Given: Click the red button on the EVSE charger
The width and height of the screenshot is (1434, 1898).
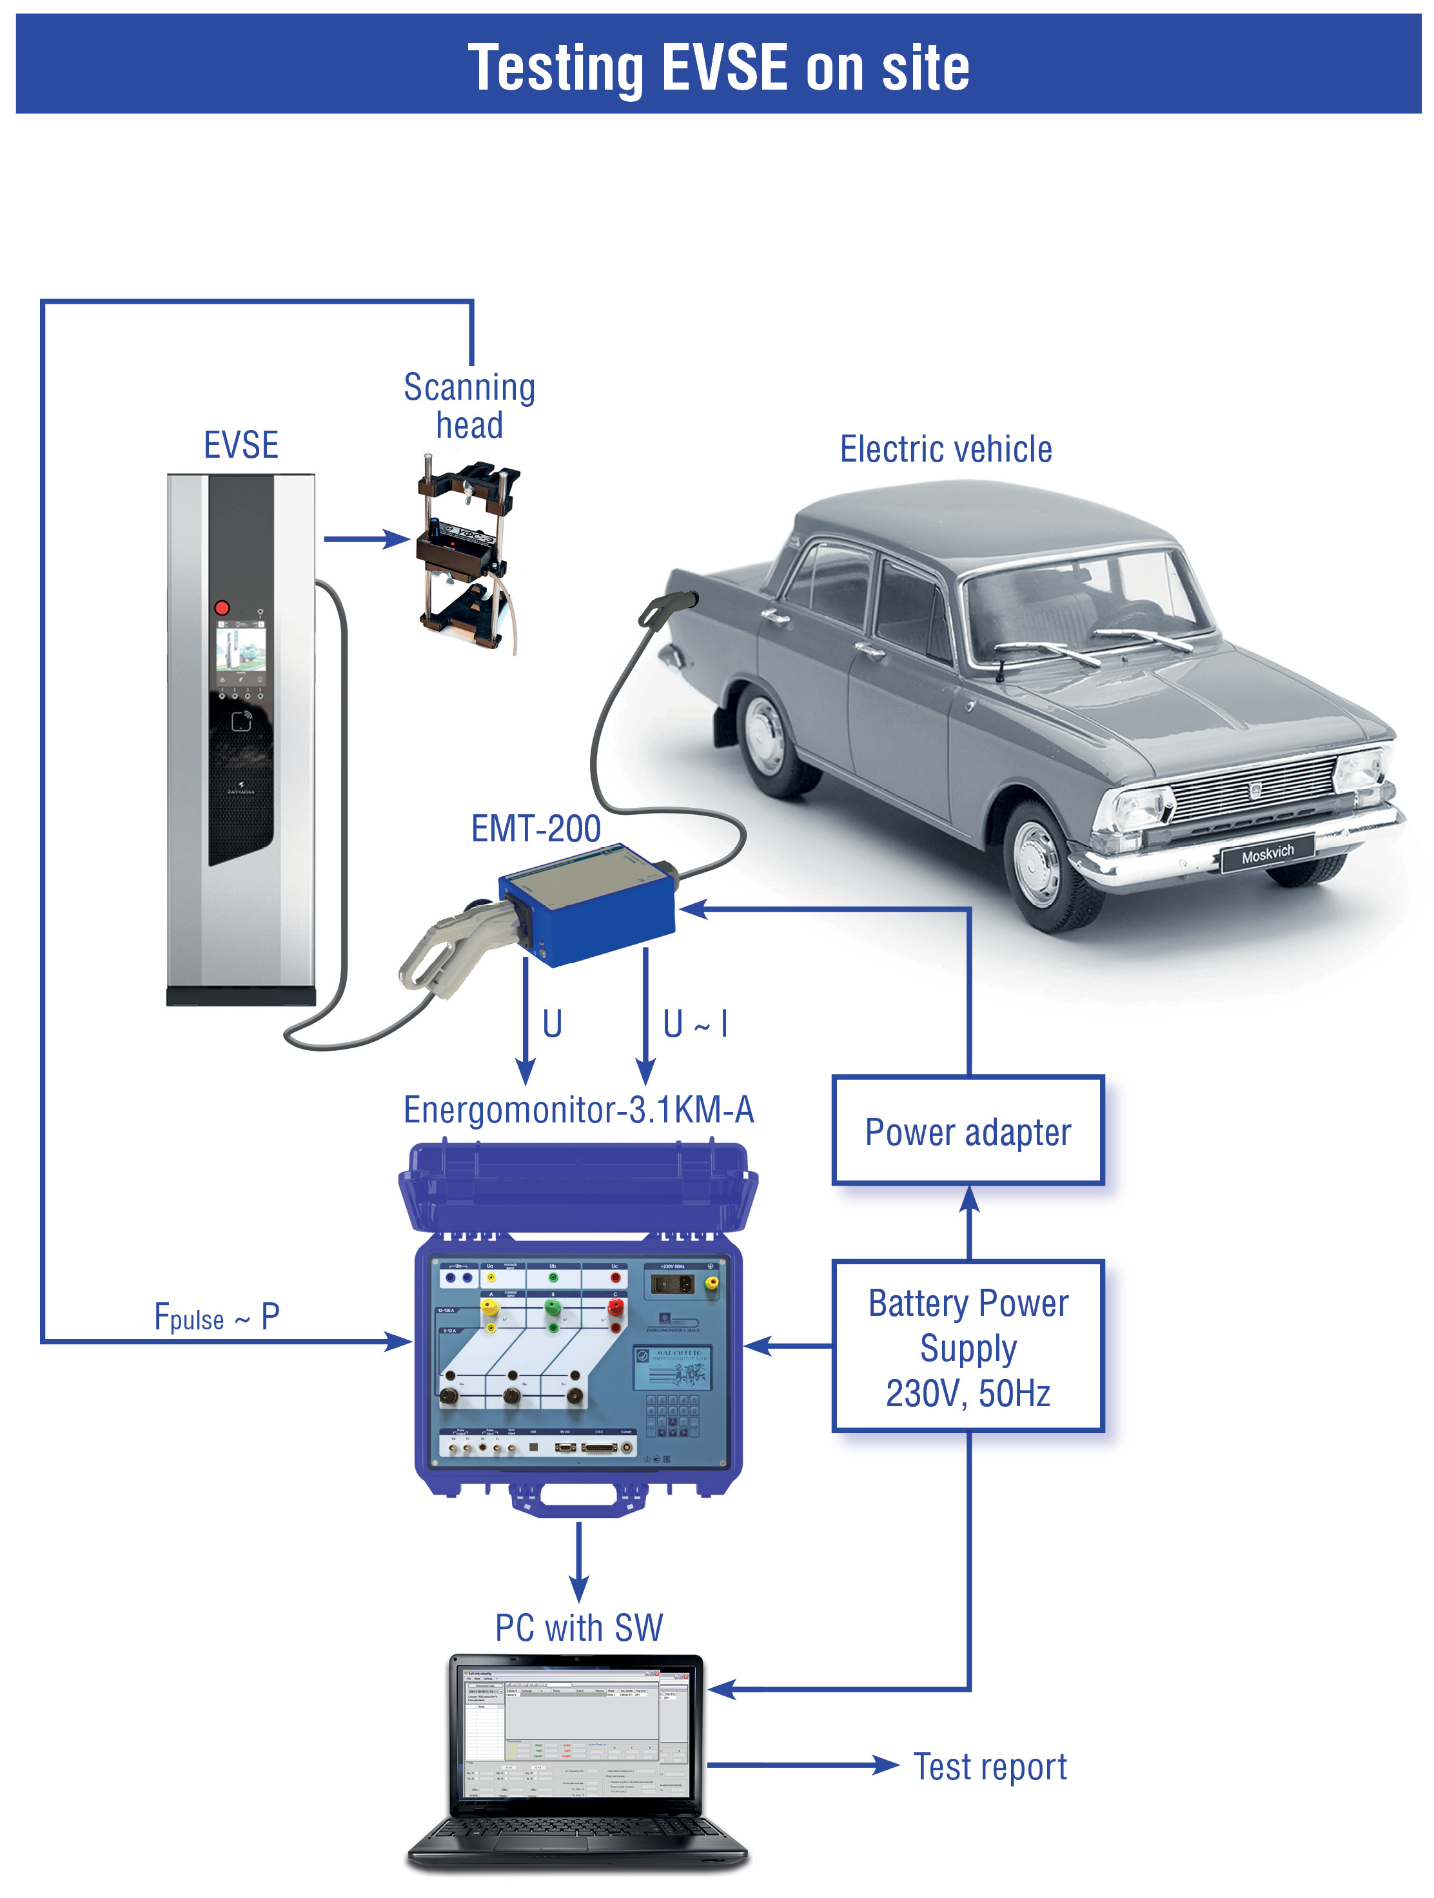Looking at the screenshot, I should click(x=221, y=607).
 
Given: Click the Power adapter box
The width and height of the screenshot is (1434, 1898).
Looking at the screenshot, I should click(x=967, y=1131).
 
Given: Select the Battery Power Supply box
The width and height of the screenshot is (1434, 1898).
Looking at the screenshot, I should click(x=967, y=1346).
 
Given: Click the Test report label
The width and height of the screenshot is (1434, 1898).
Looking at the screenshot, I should click(x=990, y=1766).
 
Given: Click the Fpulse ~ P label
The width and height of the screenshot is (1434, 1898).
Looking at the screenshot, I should click(x=216, y=1317).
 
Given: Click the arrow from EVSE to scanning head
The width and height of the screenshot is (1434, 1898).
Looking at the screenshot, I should click(x=366, y=539).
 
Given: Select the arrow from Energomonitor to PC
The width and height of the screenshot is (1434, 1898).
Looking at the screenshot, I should click(x=579, y=1561).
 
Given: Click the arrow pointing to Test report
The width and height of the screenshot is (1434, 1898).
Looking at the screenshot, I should click(x=801, y=1765).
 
